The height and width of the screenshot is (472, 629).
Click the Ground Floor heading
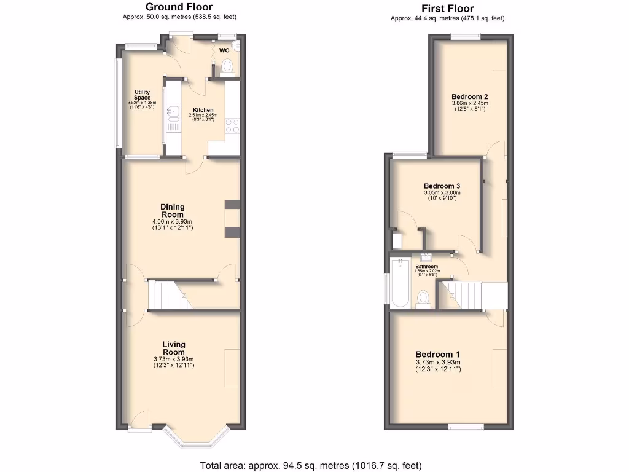tap(179, 7)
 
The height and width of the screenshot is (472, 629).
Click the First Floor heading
tap(447, 9)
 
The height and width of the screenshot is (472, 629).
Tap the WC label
tap(224, 50)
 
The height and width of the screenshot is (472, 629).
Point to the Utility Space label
tap(143, 95)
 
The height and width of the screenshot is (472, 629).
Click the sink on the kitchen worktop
tap(173, 112)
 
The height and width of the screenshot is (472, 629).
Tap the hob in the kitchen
tap(233, 125)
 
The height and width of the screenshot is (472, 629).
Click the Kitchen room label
tap(203, 110)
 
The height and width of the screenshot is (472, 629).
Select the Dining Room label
tap(173, 211)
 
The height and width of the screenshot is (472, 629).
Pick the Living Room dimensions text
tap(173, 363)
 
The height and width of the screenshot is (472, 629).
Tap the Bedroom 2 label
tap(470, 96)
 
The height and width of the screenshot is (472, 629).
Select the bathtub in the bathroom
tap(399, 282)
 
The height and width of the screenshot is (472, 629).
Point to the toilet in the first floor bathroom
tap(423, 298)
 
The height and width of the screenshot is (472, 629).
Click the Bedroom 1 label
tap(437, 355)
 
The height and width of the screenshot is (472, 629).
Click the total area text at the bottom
tap(311, 465)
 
